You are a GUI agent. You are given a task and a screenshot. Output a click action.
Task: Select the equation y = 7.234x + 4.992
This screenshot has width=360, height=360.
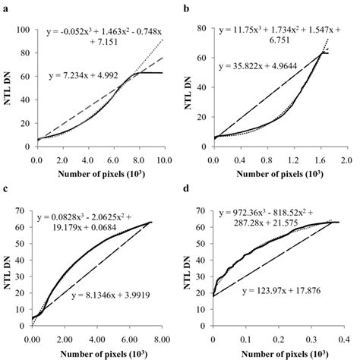click(x=84, y=75)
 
